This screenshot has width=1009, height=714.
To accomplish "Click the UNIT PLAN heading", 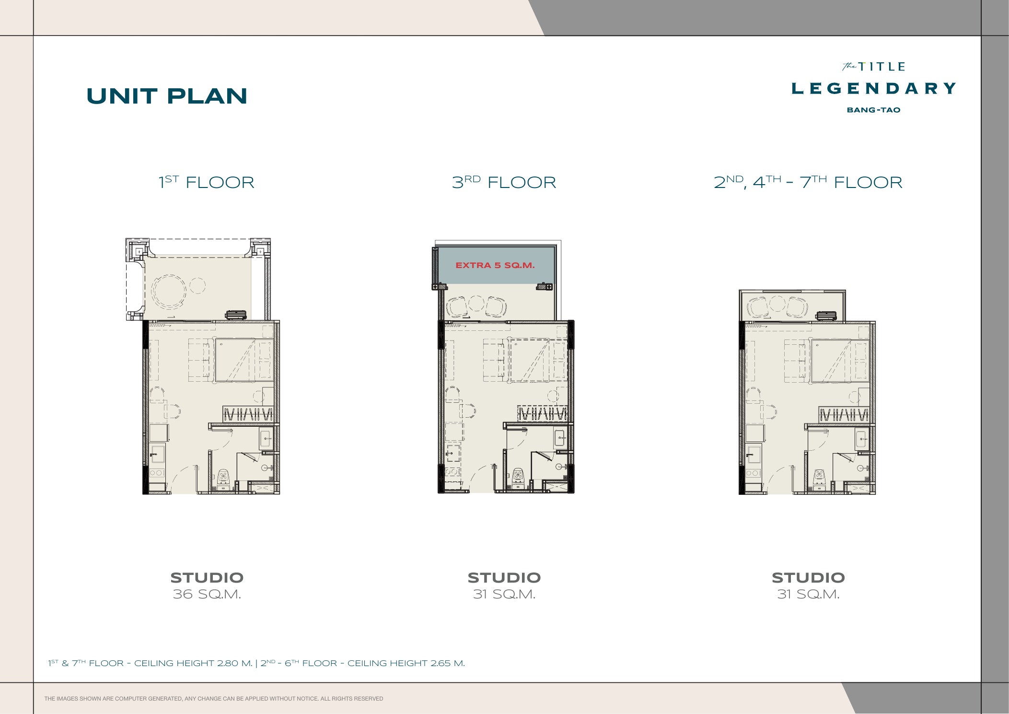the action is pos(167,96).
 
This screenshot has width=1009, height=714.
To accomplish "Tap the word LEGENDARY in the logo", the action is pos(873,88).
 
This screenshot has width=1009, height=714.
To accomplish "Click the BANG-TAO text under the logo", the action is pos(873,110).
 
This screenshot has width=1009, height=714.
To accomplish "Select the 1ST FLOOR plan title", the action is pos(207,182).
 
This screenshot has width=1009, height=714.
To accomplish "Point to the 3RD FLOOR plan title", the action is pos(504,182).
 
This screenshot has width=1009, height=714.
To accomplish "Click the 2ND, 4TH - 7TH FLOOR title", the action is pos(808,182).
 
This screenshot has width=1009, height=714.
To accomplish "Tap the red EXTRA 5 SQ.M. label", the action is pos(495,265).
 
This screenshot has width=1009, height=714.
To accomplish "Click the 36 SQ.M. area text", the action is pos(207,594).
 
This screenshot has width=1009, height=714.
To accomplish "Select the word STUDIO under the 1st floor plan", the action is pos(207,577).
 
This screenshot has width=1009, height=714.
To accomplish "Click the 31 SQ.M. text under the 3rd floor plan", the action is pos(504,594).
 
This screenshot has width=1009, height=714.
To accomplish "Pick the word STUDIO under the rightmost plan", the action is pos(808,577).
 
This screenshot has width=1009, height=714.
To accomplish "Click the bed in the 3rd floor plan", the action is pos(538,360).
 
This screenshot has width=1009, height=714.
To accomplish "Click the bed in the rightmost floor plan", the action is pos(840,361).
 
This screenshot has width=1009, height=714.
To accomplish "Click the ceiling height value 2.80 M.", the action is pos(234,663).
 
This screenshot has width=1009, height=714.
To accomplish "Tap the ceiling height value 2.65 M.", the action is pos(447,663).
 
